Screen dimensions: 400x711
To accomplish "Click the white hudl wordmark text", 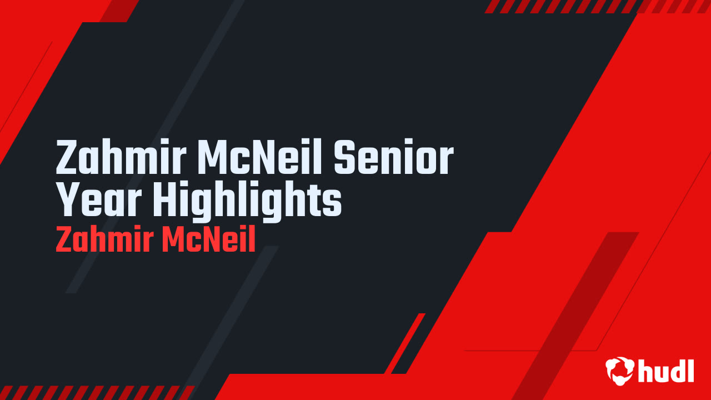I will point(667,371).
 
